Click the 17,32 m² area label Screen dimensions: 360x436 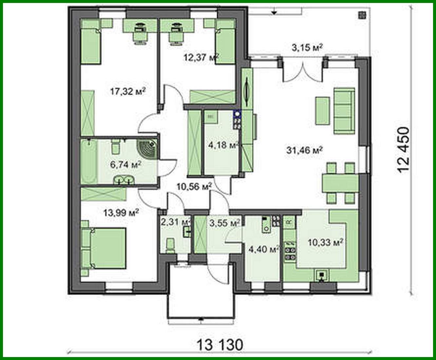click(127, 91)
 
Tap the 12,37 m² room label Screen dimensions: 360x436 click(201, 58)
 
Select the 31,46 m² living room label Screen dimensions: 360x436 click(305, 150)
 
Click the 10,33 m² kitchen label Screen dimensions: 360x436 click(325, 243)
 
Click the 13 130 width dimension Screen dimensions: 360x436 click(220, 344)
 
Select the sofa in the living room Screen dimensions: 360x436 click(344, 111)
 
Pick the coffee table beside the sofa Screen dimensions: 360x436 click(322, 110)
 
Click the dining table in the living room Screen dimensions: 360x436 click(340, 183)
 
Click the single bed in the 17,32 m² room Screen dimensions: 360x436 click(90, 45)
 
